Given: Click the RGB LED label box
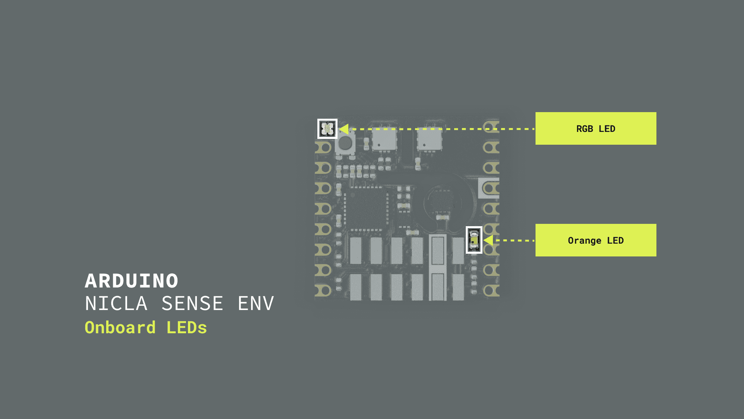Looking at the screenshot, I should (x=596, y=128).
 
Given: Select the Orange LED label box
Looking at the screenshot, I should (x=596, y=240).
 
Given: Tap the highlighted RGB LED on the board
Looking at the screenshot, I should (x=327, y=129).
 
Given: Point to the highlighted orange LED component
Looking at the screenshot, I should (x=474, y=240).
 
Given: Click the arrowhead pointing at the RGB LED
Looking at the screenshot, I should (x=344, y=129).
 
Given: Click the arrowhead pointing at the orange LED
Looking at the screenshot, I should (x=488, y=240).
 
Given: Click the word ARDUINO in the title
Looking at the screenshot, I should (x=131, y=281).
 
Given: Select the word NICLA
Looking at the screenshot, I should (x=116, y=303).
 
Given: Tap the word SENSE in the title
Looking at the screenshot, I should (x=192, y=303).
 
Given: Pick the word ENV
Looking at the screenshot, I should (x=256, y=303).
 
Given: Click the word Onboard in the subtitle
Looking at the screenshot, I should (x=120, y=327).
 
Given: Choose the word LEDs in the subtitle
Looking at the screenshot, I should (x=187, y=327).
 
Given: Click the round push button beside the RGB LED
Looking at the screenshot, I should (x=345, y=144).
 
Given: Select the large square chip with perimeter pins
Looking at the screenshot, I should (x=366, y=209).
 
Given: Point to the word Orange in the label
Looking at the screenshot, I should (x=584, y=241).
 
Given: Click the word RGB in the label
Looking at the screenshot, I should (x=584, y=129).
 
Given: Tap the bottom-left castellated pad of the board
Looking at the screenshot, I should (x=323, y=290).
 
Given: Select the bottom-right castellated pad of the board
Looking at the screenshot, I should (x=491, y=290).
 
